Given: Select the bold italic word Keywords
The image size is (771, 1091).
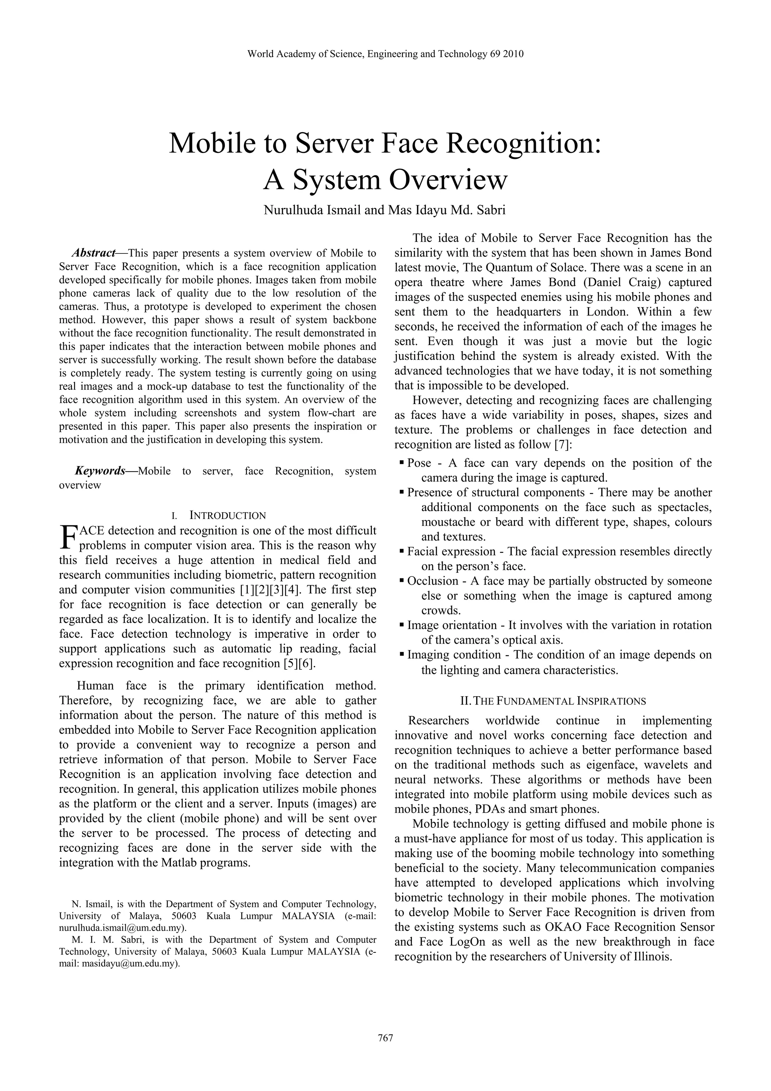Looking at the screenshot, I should pyautogui.click(x=100, y=471).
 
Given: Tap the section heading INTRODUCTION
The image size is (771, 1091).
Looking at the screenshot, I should pyautogui.click(x=227, y=516).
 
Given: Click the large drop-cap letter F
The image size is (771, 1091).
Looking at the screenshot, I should pyautogui.click(x=69, y=537).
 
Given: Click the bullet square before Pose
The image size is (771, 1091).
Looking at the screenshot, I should pyautogui.click(x=402, y=461).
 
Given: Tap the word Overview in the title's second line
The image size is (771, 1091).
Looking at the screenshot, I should pyautogui.click(x=448, y=180).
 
